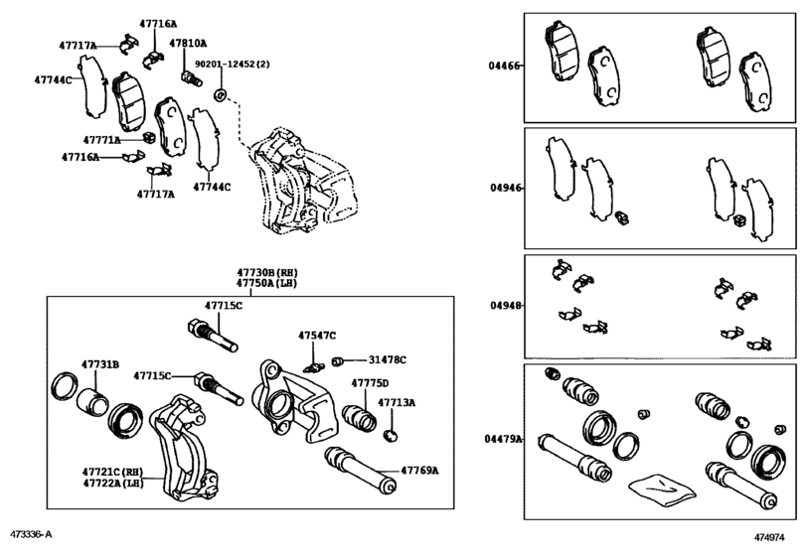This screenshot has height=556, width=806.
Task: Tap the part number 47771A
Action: click(101, 140)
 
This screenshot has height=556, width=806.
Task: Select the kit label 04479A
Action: click(504, 438)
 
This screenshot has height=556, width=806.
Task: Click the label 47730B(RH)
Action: click(266, 271)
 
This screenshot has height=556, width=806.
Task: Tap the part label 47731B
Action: click(100, 365)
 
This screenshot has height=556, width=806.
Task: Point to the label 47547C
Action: click(317, 336)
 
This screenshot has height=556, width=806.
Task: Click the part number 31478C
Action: click(388, 358)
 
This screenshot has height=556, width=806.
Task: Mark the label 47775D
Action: click(369, 382)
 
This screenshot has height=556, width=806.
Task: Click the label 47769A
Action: click(419, 469)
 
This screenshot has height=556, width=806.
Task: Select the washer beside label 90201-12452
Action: click(221, 95)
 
